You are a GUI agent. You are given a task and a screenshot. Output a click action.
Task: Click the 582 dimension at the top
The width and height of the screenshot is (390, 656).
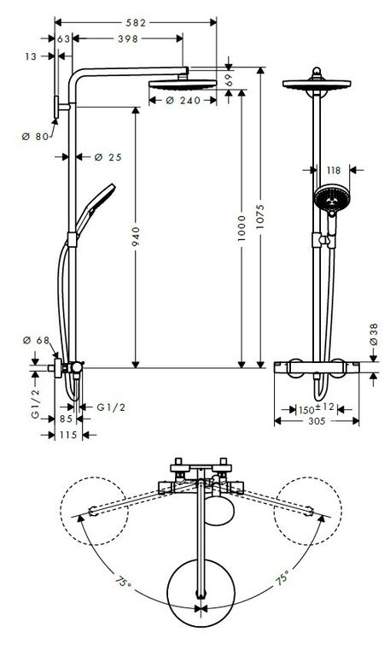point(136,22)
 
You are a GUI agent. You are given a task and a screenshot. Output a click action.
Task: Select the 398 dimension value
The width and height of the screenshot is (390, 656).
point(127,39)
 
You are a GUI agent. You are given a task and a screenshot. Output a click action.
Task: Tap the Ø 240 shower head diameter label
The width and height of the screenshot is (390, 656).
point(183,101)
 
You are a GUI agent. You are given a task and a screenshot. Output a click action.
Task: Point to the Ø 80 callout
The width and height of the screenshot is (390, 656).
point(36,137)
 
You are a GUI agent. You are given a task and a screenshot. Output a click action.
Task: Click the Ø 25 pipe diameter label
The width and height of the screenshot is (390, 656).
point(108,157)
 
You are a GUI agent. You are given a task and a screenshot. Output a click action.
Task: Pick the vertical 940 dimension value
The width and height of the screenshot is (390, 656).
point(137,237)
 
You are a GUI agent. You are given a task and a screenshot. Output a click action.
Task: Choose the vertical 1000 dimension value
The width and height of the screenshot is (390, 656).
point(242,228)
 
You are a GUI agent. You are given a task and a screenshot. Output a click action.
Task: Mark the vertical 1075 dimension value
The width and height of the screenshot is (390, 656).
point(260,217)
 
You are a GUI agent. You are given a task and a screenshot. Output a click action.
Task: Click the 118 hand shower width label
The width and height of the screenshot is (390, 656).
point(333,170)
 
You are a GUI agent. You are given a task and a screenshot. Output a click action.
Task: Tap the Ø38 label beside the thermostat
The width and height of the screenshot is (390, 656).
point(374,334)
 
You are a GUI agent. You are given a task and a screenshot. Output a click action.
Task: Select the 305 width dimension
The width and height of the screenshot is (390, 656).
point(317,421)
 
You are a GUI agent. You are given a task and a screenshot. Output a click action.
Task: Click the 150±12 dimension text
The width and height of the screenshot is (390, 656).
point(316,408)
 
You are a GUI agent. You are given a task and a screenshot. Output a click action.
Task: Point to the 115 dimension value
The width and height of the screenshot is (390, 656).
point(68,435)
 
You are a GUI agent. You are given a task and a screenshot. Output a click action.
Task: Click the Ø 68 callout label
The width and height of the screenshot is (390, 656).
point(37,341)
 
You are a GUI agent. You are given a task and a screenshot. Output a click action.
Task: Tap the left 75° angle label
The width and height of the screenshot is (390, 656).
point(123,582)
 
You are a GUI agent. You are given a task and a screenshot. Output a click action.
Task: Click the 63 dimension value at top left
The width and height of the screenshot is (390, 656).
point(63,39)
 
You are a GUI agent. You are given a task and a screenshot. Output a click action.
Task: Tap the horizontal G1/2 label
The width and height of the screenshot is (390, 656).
point(111,407)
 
